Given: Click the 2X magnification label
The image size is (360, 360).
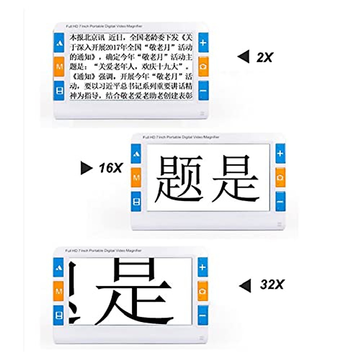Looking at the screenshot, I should pos(264,57).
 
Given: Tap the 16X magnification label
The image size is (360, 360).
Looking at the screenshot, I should pos(111,168).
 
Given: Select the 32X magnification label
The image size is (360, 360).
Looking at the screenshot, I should pos(272,284).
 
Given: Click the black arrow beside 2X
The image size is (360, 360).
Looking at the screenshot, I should pos(244,57).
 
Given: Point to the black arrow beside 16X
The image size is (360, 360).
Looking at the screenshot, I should pos(86,168).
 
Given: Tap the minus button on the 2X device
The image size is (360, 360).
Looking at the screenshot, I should pos(203,90).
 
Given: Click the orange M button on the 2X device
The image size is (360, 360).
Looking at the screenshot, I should pos(59,66).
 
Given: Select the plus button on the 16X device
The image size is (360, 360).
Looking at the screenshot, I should pos(280,154).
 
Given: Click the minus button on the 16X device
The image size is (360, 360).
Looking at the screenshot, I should pos(280,201).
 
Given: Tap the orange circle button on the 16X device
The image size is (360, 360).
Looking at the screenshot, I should pos(280,177).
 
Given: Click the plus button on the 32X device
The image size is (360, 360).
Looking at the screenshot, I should pos(202,267).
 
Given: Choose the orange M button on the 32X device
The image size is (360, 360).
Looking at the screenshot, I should pos(59,291).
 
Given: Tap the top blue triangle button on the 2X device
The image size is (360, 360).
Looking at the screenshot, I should pos(59,43).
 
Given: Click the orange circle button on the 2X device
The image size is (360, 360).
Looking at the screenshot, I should pos(203,66).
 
